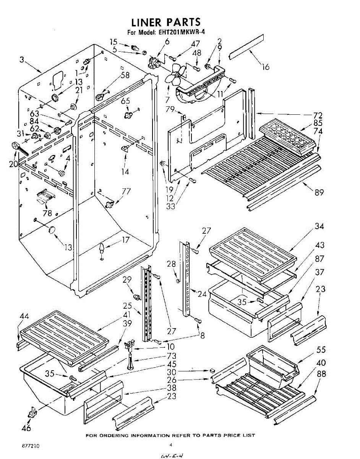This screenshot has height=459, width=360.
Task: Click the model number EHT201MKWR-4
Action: [x=181, y=33]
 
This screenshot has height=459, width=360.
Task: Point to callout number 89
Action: [x=319, y=192]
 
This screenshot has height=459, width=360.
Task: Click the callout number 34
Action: [x=319, y=226]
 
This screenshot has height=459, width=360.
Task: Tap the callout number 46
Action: [x=26, y=428]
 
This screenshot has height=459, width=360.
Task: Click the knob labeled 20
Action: [x=17, y=145]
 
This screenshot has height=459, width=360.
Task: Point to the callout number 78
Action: [x=47, y=213]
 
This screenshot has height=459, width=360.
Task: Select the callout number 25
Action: [x=127, y=306]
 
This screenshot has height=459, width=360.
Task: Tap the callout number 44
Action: [x=24, y=316]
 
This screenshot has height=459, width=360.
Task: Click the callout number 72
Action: [x=318, y=115]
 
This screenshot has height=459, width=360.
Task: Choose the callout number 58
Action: [x=125, y=75]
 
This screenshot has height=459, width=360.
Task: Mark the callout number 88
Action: [x=322, y=374]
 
